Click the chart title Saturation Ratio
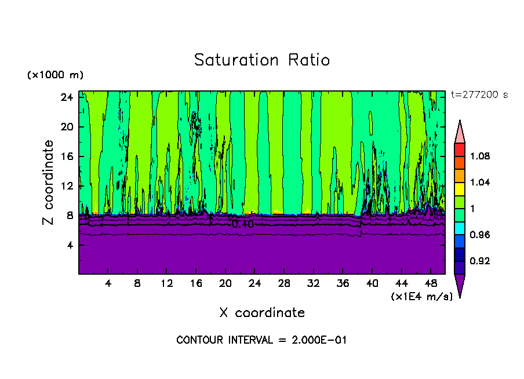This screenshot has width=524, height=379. click(262, 60)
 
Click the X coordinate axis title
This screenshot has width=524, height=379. click(262, 313)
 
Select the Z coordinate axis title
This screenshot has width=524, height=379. click(49, 183)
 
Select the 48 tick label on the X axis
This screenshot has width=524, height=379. click(431, 284)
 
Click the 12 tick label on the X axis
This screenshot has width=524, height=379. click(167, 284)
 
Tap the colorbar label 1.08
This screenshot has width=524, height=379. click(480, 156)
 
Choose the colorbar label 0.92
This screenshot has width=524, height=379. click(480, 261)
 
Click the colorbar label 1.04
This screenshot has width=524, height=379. click(480, 183)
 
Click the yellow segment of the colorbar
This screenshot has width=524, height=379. click(459, 188)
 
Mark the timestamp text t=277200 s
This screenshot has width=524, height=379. click(479, 95)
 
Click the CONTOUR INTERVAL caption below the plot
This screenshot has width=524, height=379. click(261, 340)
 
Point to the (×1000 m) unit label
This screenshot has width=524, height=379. click(55, 75)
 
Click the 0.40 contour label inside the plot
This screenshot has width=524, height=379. click(242, 224)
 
